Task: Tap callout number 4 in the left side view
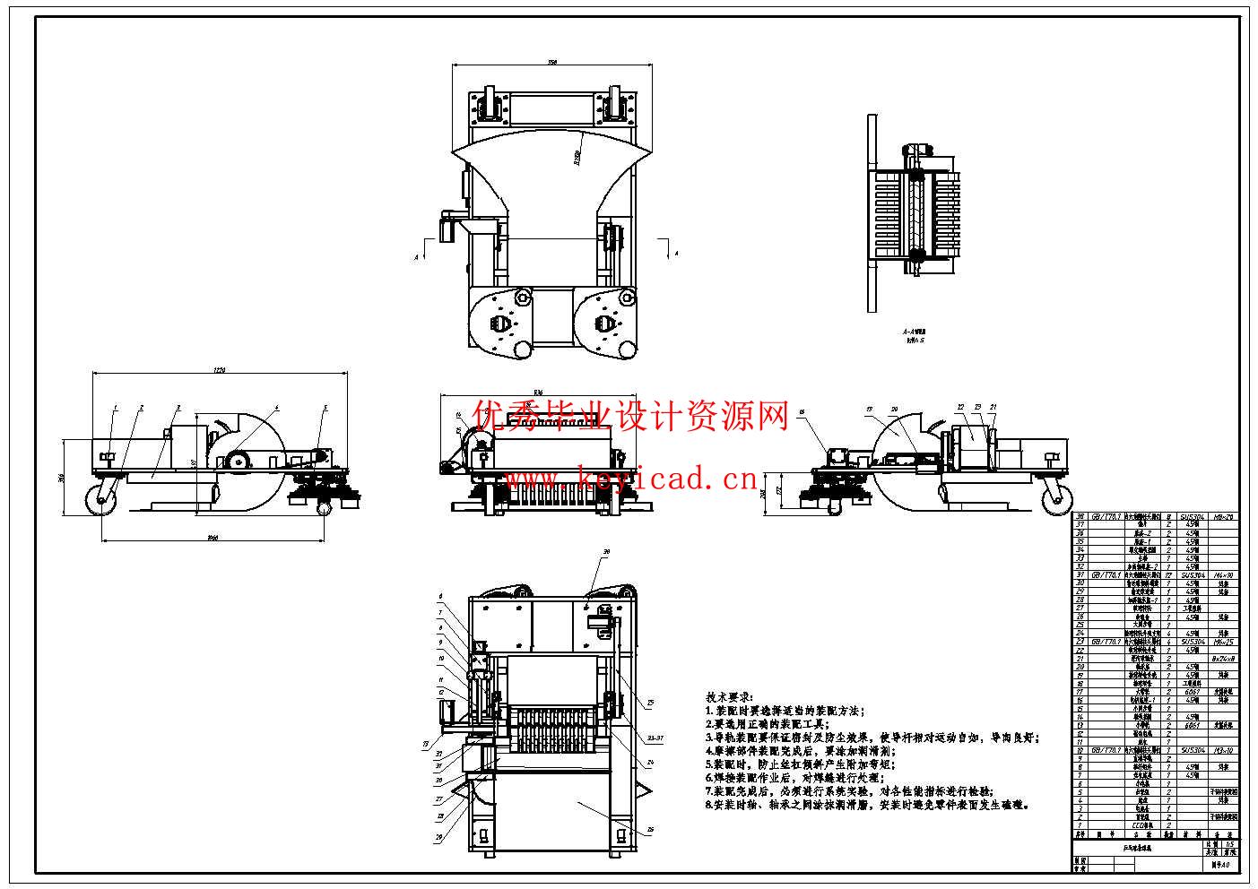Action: coord(276,408)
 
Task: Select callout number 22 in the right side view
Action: coord(960,407)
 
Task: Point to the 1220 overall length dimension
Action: coord(221,370)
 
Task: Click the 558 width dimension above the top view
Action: coord(552,61)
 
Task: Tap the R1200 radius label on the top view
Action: coord(577,160)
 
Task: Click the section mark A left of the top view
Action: coord(416,257)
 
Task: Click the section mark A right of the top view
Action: coord(676,255)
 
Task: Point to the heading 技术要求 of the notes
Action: coord(730,696)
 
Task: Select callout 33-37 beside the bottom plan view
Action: coord(656,738)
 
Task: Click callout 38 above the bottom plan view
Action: coord(605,552)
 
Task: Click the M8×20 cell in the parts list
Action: coord(1222,517)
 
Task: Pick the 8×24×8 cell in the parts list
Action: coord(1222,659)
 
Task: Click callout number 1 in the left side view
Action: coord(116,408)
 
